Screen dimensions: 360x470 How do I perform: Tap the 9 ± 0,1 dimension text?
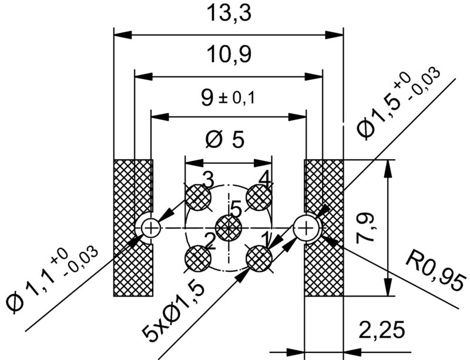pyautogui.click(x=227, y=97)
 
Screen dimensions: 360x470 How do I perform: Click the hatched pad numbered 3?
pyautogui.click(x=198, y=197)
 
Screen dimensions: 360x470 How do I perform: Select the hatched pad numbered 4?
pyautogui.click(x=258, y=197)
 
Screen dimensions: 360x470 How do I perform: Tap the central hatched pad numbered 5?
pyautogui.click(x=228, y=228)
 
